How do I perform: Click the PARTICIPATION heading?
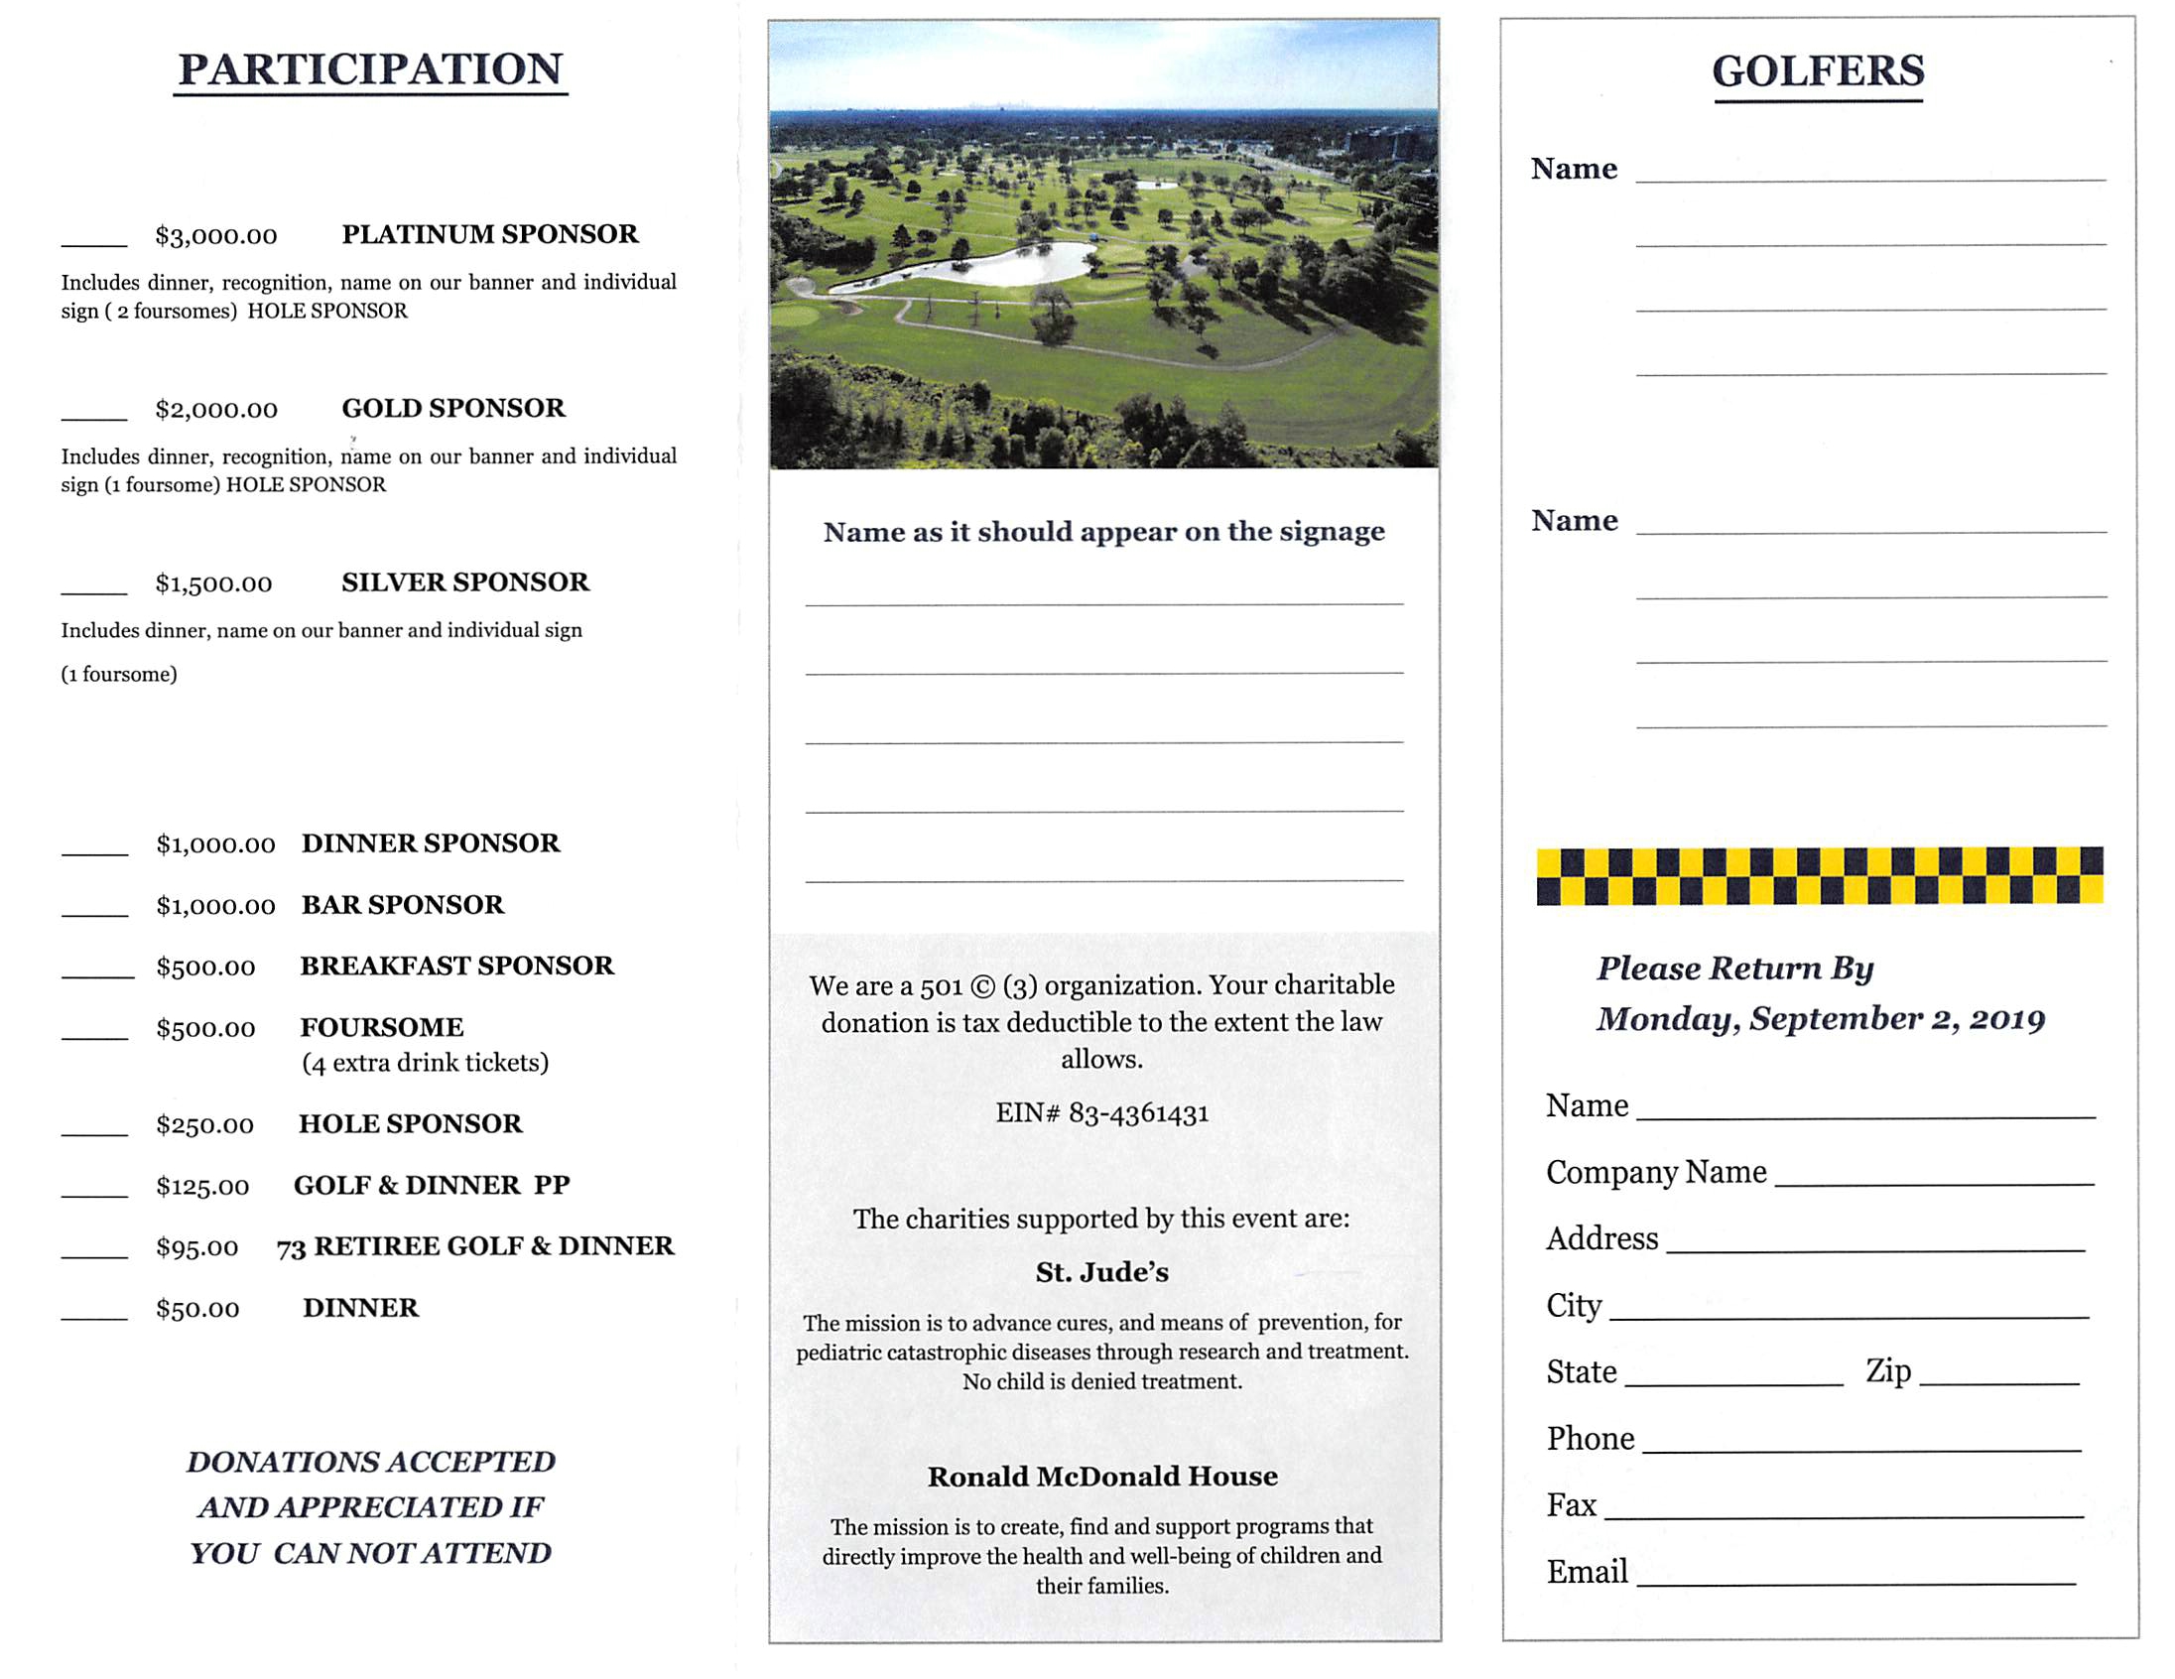click(x=370, y=69)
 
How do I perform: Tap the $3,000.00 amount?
click(x=216, y=236)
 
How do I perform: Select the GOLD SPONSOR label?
click(x=453, y=408)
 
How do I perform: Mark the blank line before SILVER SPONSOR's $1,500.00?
click(x=94, y=590)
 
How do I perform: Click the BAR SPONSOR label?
click(x=402, y=904)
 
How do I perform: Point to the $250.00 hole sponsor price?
click(x=205, y=1124)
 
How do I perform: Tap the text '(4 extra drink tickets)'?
click(x=426, y=1063)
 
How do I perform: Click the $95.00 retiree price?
click(x=197, y=1246)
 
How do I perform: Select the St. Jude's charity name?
click(x=1101, y=1272)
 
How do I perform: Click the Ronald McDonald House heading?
click(x=1102, y=1476)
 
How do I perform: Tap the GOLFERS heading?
click(x=1818, y=71)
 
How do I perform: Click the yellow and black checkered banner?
click(x=1820, y=875)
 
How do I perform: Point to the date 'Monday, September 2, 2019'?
click(x=1821, y=1019)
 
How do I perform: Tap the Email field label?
click(x=1587, y=1572)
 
